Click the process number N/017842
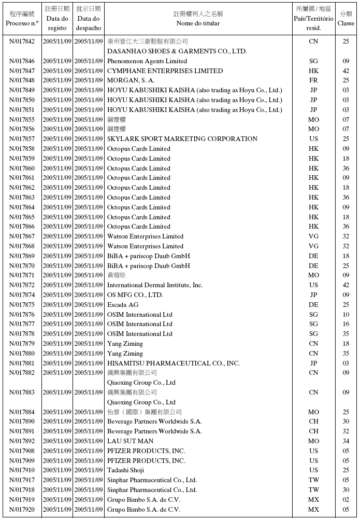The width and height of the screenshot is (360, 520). [22, 41]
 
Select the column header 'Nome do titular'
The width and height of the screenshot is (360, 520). [198, 23]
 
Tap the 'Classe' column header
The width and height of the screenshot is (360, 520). [346, 23]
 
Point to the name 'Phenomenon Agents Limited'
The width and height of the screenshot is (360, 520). [147, 61]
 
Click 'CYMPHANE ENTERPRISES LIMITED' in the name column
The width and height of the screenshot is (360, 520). [165, 71]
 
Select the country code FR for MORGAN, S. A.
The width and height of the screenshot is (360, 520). [313, 81]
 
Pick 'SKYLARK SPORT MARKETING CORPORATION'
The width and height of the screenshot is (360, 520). [182, 139]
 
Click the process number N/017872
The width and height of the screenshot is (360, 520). [22, 285]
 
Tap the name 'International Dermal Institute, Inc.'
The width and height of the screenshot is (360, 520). [154, 285]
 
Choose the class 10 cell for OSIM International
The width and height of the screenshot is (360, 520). [346, 315]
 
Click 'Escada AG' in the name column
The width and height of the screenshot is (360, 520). [123, 305]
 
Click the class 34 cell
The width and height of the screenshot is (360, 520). [346, 441]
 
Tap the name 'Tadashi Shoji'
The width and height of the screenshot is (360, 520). [126, 470]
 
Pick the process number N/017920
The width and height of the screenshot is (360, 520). [22, 510]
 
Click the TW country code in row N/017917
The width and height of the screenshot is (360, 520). [313, 480]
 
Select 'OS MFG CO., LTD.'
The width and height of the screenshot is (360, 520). [135, 295]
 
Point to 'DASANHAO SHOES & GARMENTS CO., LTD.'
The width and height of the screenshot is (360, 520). [177, 51]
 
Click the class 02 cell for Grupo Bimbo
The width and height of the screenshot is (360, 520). [346, 500]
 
